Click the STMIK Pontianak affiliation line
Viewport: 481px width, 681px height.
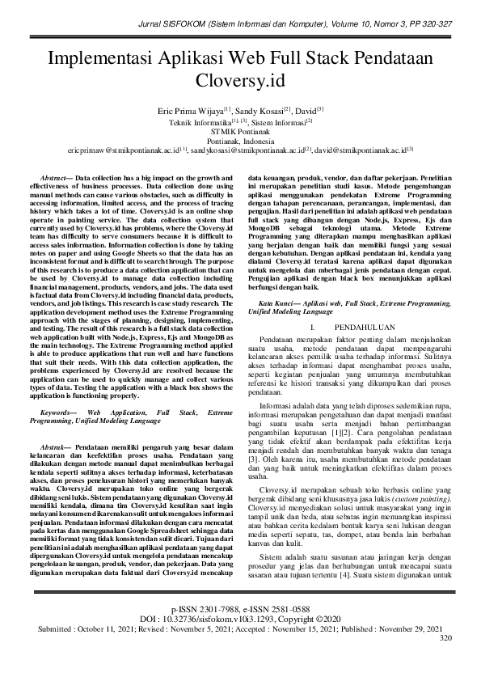pos(240,129)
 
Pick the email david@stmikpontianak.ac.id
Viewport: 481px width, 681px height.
pos(361,150)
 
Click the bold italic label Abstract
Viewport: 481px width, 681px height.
pos(55,176)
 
